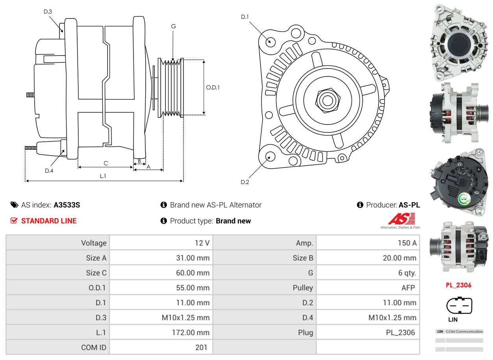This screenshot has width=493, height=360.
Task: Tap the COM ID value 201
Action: (x=201, y=347)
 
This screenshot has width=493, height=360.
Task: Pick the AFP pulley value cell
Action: (x=408, y=288)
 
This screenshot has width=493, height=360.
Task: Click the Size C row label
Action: (x=96, y=273)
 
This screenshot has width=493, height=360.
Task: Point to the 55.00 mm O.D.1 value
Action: (x=193, y=288)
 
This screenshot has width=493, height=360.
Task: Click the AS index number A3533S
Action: (x=67, y=205)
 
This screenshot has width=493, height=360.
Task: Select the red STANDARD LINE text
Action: (x=49, y=221)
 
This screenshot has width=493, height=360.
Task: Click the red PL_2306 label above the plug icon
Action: (x=458, y=285)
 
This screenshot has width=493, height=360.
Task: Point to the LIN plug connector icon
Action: (x=459, y=305)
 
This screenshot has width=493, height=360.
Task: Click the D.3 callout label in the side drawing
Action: (x=48, y=11)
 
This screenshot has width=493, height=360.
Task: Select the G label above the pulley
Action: (x=173, y=26)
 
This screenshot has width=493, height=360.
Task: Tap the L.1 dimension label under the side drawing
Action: (x=103, y=176)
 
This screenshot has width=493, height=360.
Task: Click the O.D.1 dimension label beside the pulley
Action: (x=213, y=87)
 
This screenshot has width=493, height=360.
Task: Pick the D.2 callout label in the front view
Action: (x=245, y=182)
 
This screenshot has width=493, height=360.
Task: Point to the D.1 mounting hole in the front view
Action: (x=270, y=41)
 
